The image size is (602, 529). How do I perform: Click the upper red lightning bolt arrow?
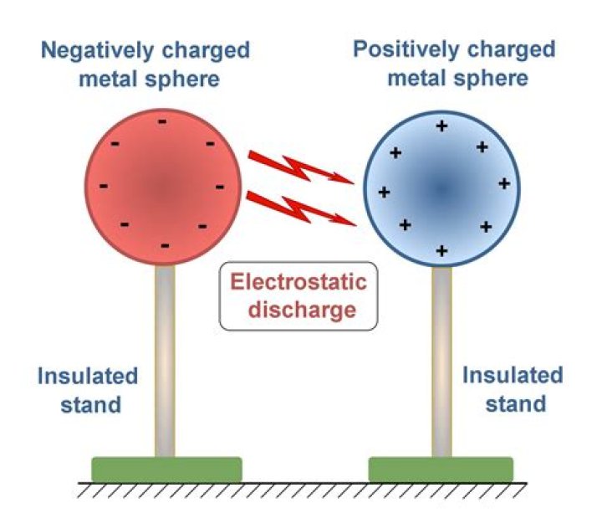coord(300,168)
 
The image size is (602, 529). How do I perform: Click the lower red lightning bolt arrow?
coord(300,208)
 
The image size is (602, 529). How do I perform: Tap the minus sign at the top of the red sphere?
coord(162,123)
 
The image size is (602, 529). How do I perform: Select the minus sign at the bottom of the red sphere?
coord(164,245)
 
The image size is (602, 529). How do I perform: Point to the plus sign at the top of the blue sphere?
coord(441,126)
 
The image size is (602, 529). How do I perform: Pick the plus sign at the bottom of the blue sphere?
coord(441,250)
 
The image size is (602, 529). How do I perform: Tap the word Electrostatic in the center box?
coord(298,282)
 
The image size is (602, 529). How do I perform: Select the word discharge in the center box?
coord(298,309)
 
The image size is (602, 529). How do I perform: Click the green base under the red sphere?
coord(166,469)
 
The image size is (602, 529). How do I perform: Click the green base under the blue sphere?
coord(441,469)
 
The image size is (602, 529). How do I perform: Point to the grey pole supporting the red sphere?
coord(165,360)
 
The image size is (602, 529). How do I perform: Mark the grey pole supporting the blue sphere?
coord(441,360)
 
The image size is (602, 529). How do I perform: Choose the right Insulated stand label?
coord(513,389)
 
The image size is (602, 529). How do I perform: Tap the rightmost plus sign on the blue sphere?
coord(504,182)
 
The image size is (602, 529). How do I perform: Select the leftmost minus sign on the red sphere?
coord(104,185)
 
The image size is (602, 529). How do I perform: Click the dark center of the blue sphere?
coord(441,190)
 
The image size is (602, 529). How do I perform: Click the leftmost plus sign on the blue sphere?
coord(384,192)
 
